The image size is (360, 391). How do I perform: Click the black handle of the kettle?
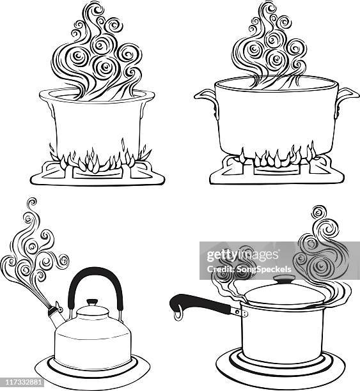pyautogui.click(x=95, y=275)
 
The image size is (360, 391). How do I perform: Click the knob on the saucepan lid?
pyautogui.click(x=282, y=282)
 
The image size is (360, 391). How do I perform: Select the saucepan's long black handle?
pyautogui.click(x=198, y=301)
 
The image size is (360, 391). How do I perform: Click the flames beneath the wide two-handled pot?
pyautogui.click(x=275, y=157)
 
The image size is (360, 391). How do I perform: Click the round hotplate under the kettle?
pyautogui.click(x=93, y=374)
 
